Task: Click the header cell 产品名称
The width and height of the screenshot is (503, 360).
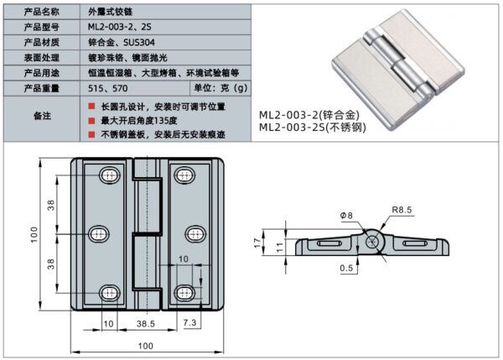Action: coord(40,12)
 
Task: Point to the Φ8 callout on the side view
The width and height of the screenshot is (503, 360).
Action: coord(348,216)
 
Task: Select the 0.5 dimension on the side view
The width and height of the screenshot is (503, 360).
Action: coord(346,269)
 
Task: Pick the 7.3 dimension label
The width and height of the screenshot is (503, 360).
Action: coord(188,322)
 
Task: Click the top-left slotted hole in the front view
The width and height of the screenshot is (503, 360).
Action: coord(108,175)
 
